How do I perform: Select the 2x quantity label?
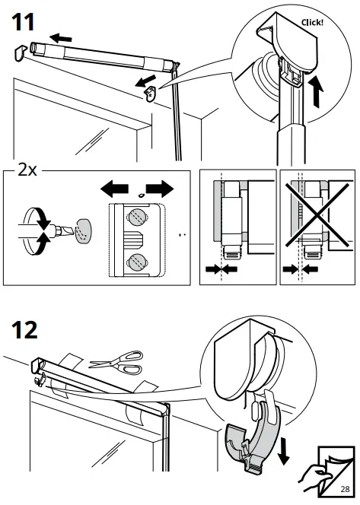click(27, 170)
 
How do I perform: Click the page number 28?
click(346, 488)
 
